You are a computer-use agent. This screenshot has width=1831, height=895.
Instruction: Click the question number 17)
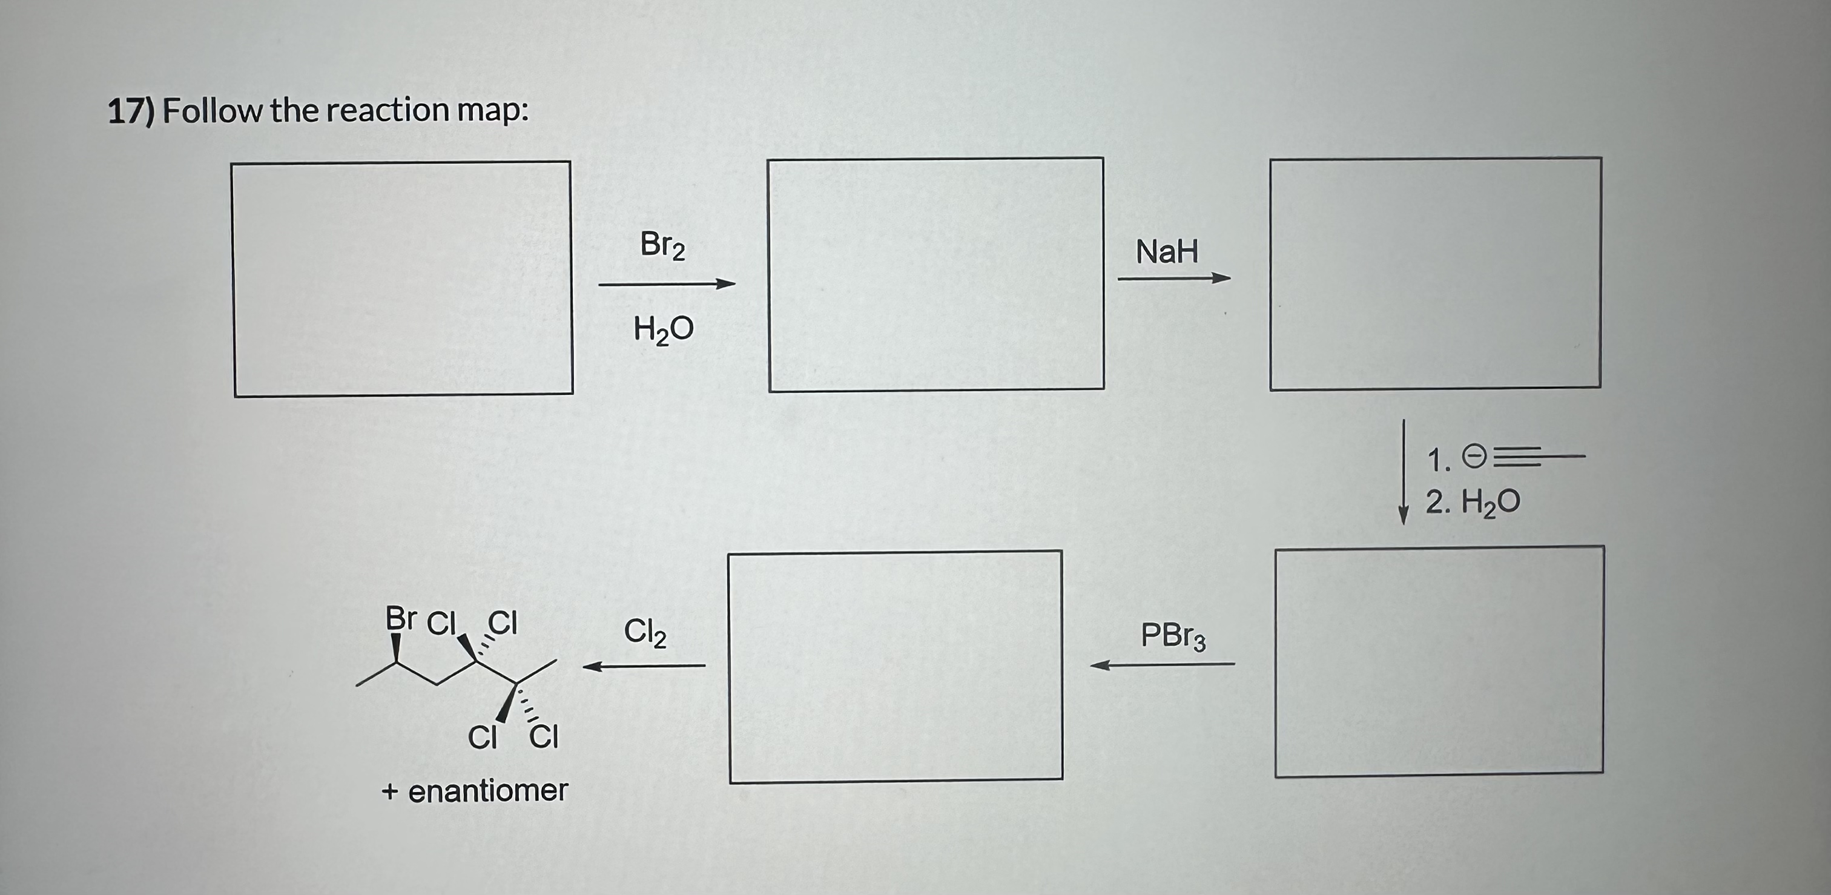(x=131, y=111)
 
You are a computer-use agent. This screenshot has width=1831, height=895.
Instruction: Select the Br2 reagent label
(x=662, y=245)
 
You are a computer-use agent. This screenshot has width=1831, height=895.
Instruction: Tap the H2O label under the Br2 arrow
(x=663, y=330)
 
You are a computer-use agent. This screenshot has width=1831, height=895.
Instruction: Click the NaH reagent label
(x=1166, y=252)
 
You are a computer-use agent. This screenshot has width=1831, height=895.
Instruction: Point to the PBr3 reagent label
(x=1173, y=636)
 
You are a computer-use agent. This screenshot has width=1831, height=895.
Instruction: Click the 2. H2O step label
(x=1472, y=503)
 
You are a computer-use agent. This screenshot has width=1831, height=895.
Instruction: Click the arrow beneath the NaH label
(x=1173, y=279)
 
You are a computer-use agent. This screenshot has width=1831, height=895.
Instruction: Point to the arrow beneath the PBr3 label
(x=1163, y=665)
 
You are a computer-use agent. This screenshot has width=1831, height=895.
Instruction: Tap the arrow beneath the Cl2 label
(x=643, y=666)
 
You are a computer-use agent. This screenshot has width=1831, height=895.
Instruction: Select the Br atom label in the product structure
(x=400, y=618)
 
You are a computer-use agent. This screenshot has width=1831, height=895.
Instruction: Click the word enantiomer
(x=487, y=790)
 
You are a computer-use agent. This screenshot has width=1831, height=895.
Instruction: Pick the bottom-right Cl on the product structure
(x=544, y=736)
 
